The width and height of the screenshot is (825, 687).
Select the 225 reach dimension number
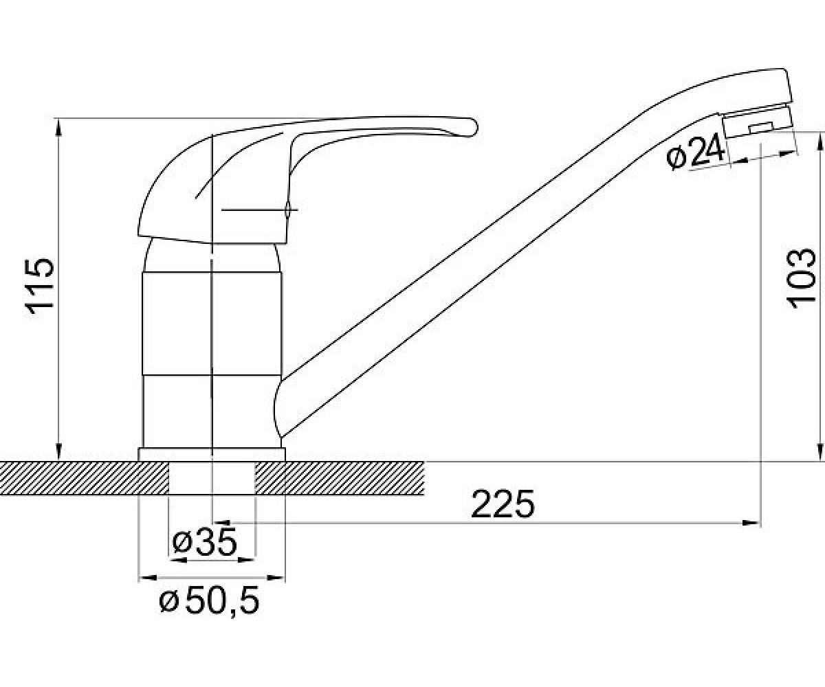tap(503, 504)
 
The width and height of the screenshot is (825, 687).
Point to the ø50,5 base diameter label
tap(209, 601)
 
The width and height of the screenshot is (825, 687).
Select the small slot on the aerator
tap(760, 128)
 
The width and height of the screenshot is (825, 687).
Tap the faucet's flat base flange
tap(212, 454)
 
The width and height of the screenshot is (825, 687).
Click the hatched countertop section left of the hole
tap(84, 477)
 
